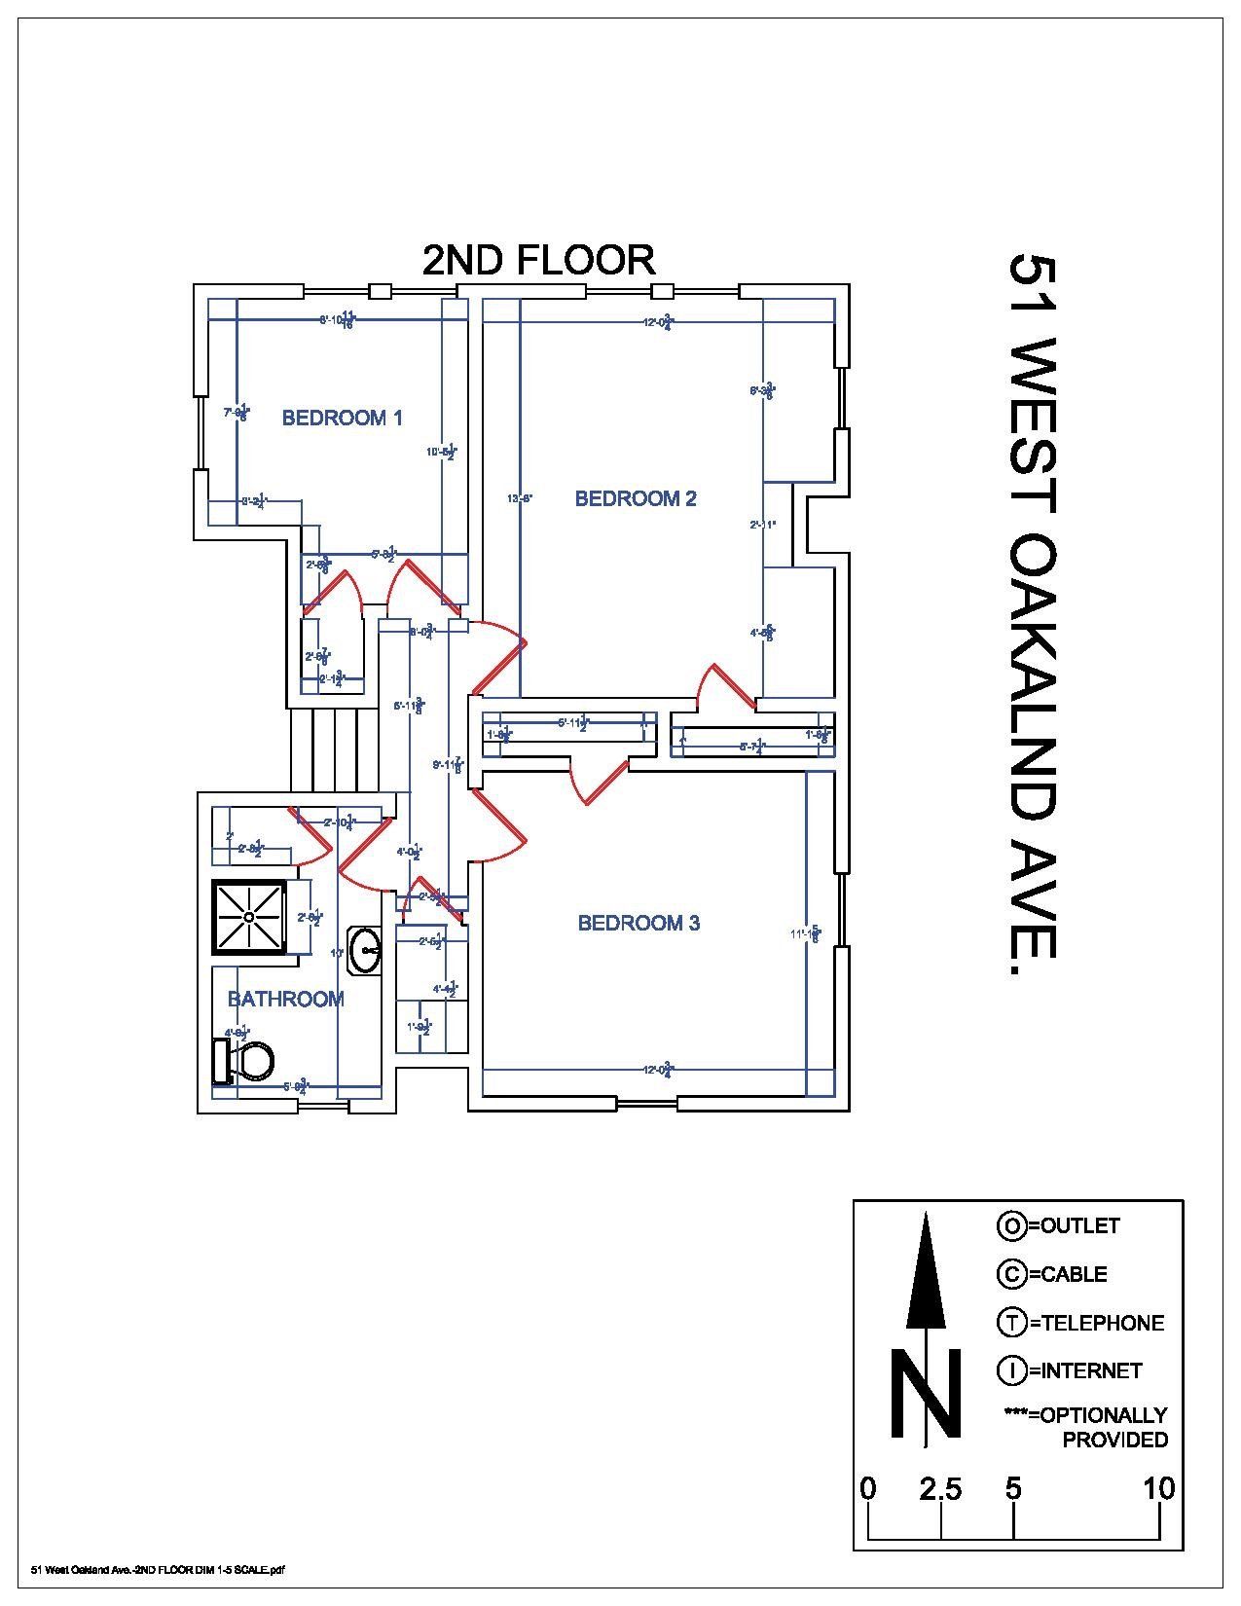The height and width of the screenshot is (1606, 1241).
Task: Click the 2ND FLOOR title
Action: click(x=538, y=260)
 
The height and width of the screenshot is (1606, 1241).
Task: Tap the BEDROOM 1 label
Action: click(x=342, y=419)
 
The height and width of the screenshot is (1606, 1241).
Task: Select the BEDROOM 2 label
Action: click(x=636, y=499)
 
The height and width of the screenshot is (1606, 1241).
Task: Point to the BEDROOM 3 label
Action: click(x=639, y=923)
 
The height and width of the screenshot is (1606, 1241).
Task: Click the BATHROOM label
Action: click(x=285, y=999)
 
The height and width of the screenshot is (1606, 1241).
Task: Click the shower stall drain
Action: click(x=250, y=917)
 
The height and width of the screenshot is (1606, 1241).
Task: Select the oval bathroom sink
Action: click(x=366, y=949)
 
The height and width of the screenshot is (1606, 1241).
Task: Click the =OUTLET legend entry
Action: click(x=1074, y=1226)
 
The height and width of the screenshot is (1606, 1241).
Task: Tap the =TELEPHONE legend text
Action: click(x=1096, y=1323)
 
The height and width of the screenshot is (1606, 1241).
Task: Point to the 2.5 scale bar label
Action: click(x=940, y=1490)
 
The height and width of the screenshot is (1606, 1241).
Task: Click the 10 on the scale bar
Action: click(x=1158, y=1489)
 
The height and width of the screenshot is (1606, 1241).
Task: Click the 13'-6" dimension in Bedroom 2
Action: click(x=521, y=499)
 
